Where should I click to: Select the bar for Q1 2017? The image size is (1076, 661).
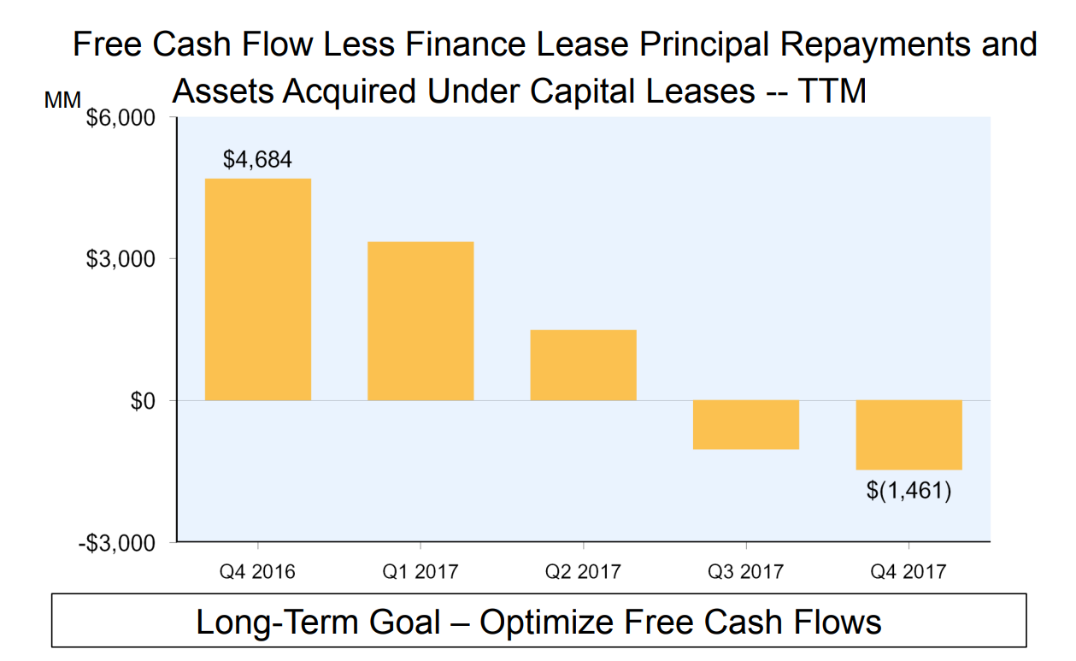420,321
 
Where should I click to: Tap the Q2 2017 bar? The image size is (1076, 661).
583,365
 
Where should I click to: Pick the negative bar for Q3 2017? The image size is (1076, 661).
745,424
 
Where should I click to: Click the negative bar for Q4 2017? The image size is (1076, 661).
908,434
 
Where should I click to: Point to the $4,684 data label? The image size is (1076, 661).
257,159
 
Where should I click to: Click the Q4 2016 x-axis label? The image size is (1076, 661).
257,571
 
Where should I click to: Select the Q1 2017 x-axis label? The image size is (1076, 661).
420,571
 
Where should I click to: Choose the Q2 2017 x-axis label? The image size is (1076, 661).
583,571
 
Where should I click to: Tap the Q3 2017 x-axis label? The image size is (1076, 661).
745,571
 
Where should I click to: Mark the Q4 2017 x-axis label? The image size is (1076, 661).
908,571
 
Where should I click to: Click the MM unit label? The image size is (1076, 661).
62,100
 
